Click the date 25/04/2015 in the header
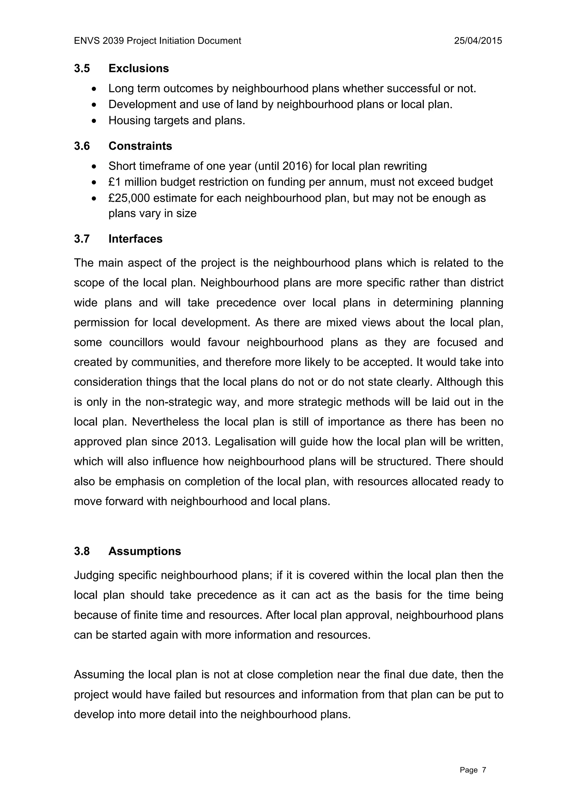click(478, 41)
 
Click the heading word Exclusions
click(139, 68)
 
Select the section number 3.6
click(82, 146)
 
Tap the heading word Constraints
click(140, 146)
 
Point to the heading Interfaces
click(136, 239)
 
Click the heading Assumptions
click(144, 551)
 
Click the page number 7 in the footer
click(484, 770)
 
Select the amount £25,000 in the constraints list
click(129, 198)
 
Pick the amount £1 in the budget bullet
click(115, 182)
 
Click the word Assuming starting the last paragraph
click(99, 675)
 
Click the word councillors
click(136, 342)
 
